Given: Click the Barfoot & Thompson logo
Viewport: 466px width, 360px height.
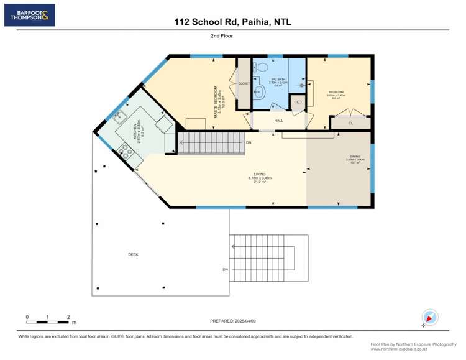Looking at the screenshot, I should [29, 15].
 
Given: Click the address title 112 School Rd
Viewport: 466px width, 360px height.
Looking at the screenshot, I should [233, 22].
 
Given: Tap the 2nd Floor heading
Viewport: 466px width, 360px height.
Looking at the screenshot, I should [232, 36].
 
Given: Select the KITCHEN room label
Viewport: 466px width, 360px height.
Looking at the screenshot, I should [137, 131].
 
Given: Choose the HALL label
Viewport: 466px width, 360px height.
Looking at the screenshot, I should [278, 120].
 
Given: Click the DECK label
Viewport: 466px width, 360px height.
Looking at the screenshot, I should [133, 254].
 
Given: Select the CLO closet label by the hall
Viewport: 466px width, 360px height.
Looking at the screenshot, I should [298, 102].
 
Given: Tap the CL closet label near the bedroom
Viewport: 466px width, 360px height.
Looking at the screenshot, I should [350, 124].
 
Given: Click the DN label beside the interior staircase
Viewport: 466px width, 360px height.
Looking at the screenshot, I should [249, 144].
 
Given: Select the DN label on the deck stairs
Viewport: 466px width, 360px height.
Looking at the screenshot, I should [226, 269].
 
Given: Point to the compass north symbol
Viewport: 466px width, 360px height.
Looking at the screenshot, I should [427, 316].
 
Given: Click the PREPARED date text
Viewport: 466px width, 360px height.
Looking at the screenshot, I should [233, 320].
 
